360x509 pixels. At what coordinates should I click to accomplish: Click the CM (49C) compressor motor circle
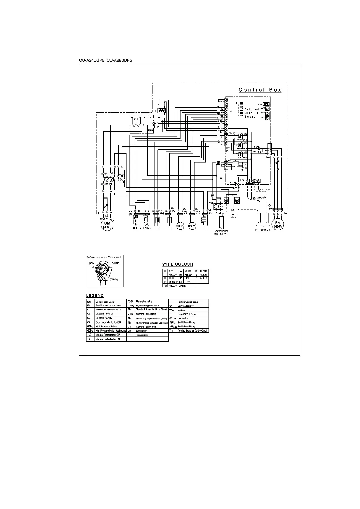click(x=107, y=225)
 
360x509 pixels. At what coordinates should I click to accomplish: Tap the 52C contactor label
click(x=121, y=182)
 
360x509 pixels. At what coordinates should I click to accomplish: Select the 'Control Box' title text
click(x=260, y=90)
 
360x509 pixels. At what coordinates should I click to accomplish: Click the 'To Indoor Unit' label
click(x=263, y=230)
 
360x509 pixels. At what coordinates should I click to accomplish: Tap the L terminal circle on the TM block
click(x=216, y=206)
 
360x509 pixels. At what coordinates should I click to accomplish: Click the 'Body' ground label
click(x=233, y=217)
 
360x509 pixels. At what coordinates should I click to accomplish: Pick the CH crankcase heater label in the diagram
click(x=205, y=228)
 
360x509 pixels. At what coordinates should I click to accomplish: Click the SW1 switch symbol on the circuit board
click(x=267, y=118)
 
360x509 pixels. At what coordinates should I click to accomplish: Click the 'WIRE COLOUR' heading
click(x=178, y=264)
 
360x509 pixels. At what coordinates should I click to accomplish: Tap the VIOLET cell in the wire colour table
click(x=203, y=275)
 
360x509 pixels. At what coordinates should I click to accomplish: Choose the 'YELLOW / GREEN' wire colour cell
click(x=178, y=286)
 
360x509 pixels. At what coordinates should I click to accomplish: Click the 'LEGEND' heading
click(x=95, y=295)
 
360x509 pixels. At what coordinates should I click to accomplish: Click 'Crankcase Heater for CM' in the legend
click(x=108, y=323)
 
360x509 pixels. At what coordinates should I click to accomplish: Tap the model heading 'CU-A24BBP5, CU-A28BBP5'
click(x=106, y=60)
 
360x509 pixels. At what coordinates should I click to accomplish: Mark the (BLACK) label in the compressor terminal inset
click(x=114, y=280)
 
